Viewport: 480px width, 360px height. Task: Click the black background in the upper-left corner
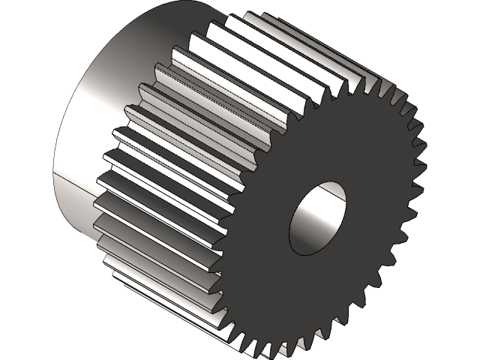22,22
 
